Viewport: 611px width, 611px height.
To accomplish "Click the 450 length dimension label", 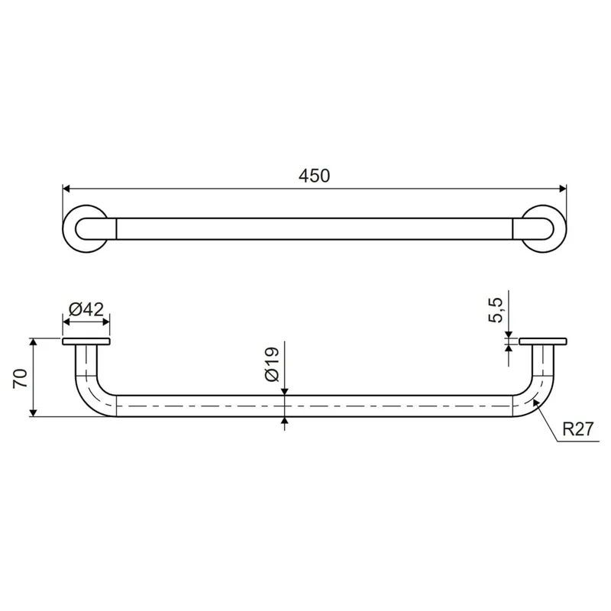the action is pos(314,176).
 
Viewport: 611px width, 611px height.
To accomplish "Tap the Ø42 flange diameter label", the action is pos(86,309).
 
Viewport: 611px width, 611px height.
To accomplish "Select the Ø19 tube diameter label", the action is pos(272,364).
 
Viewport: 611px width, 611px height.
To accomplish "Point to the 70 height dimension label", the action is pos(21,378).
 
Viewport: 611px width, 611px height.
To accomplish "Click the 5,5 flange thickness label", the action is pos(496,310).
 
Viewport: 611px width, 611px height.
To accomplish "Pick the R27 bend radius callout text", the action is pos(578,429).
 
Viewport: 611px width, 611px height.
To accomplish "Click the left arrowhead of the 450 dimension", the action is pos(66,189).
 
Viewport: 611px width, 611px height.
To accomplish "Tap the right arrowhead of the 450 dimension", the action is pos(563,189).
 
